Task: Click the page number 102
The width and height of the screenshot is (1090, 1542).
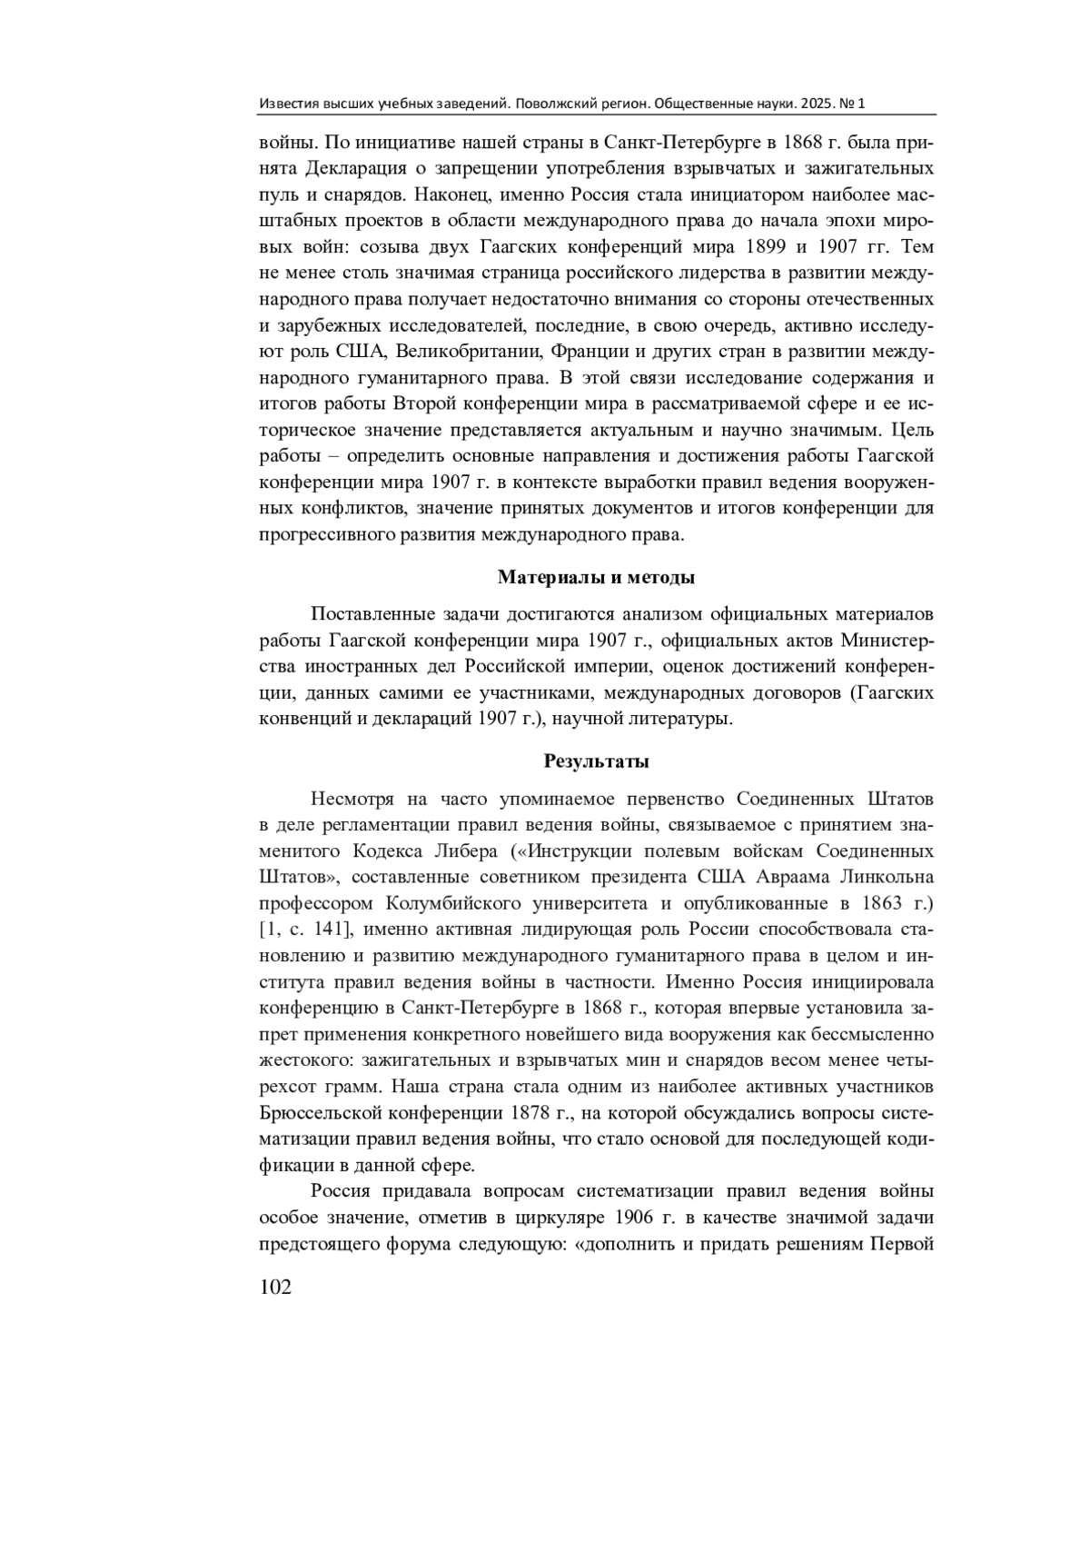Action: tap(275, 1288)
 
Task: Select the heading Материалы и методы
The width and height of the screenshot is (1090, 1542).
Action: tap(597, 577)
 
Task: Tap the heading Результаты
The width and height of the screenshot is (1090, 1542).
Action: tap(597, 761)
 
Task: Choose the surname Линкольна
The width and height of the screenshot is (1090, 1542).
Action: tap(884, 877)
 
